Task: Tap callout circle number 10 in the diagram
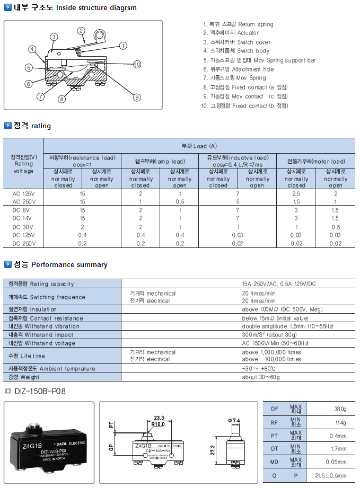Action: [137, 65]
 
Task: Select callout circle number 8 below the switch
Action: [62, 99]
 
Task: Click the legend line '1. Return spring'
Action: [239, 24]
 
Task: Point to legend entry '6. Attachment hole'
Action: [239, 69]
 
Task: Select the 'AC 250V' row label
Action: [23, 202]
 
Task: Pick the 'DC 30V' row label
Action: [23, 227]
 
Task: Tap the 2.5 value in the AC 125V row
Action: [296, 194]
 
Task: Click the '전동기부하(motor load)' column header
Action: [316, 161]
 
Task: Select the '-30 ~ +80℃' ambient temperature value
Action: [260, 368]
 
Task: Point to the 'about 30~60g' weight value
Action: [261, 377]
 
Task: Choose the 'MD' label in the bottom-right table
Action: [274, 462]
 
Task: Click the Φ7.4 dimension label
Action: [235, 420]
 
